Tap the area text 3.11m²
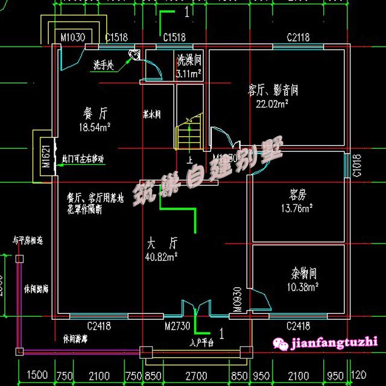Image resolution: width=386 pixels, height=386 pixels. (189, 73)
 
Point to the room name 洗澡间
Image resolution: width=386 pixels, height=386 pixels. (189, 61)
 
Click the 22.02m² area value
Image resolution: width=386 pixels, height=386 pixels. (272, 104)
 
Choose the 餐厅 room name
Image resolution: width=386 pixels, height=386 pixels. (95, 113)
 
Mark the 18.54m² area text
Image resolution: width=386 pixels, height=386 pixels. (95, 127)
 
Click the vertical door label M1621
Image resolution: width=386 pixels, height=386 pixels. (45, 157)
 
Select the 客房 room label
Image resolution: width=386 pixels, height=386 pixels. (298, 195)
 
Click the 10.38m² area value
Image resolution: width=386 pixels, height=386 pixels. (303, 287)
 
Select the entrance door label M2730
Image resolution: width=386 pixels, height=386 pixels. (178, 326)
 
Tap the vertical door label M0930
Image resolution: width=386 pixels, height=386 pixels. (238, 299)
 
